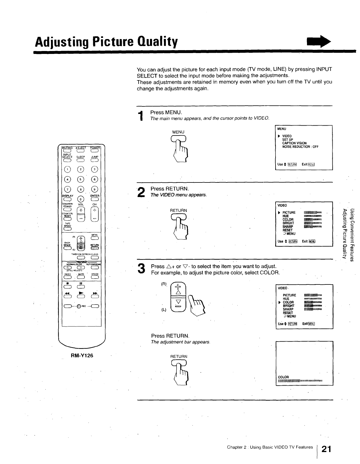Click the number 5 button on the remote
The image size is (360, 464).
pyautogui.click(x=81, y=179)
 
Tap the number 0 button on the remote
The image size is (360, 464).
pyautogui.click(x=81, y=199)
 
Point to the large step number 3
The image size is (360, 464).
pyautogui.click(x=141, y=268)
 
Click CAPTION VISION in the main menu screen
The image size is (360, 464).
pyautogui.click(x=294, y=143)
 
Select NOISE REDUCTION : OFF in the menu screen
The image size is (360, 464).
pyautogui.click(x=300, y=147)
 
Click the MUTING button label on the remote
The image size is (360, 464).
pyautogui.click(x=67, y=147)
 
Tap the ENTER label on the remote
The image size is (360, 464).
pyautogui.click(x=95, y=196)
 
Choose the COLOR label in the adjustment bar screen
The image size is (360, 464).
pyautogui.click(x=283, y=377)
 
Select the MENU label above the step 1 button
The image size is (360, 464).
pyautogui.click(x=178, y=132)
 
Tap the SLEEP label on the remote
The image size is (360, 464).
pyautogui.click(x=80, y=157)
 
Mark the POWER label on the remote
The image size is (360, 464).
pyautogui.click(x=95, y=147)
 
